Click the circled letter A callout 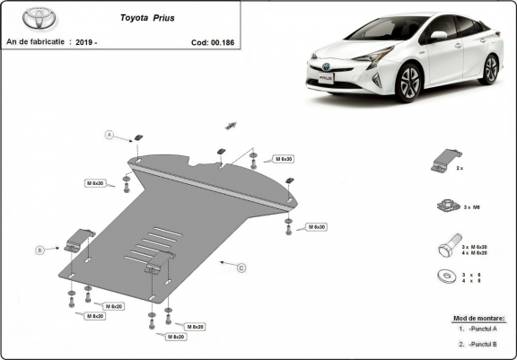[x=110, y=135]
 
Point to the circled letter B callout [x=39, y=249]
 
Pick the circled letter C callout [x=241, y=268]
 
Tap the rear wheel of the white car [x=489, y=69]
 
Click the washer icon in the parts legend [x=443, y=276]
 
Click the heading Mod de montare [x=478, y=318]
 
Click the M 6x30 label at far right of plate [x=315, y=227]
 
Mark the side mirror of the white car [x=439, y=38]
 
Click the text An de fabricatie [x=35, y=41]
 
